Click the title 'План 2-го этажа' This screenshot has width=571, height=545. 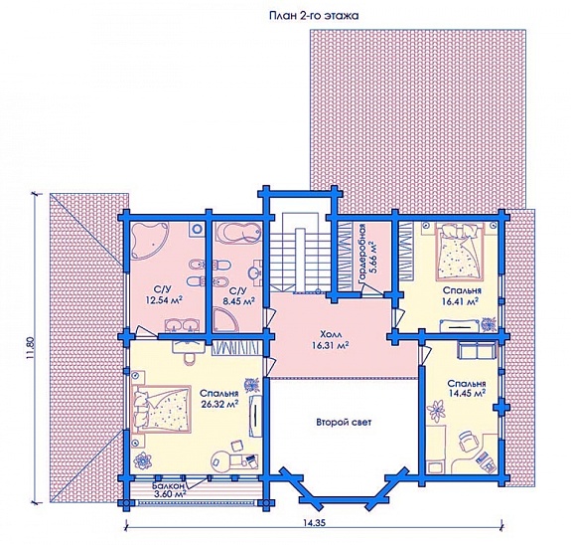[314, 16]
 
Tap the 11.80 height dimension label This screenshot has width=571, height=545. [30, 349]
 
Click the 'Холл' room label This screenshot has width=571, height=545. [329, 334]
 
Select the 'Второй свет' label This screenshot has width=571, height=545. [344, 423]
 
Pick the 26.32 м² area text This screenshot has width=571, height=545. [219, 404]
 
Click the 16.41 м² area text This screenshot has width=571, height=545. [461, 301]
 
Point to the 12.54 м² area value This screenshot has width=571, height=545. [164, 300]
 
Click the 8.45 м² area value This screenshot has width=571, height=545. [238, 300]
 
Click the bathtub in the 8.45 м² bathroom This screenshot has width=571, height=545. [238, 233]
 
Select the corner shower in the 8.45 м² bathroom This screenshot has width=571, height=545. [225, 319]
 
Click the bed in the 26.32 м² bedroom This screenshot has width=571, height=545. [162, 410]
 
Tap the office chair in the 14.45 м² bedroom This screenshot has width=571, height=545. [468, 441]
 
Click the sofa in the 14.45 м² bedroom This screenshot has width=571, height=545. [476, 351]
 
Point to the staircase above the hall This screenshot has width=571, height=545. [290, 253]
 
